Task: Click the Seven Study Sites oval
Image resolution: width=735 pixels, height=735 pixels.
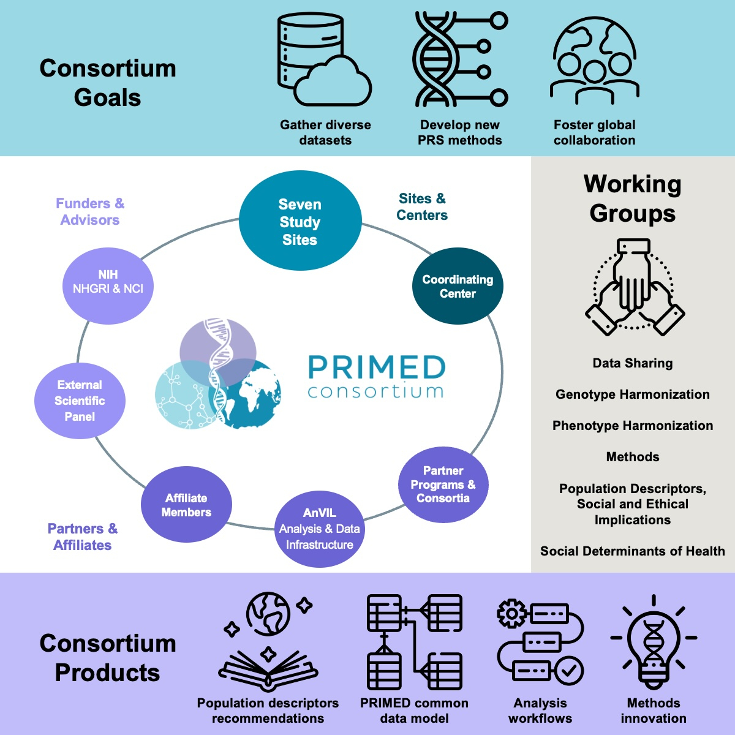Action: click(300, 221)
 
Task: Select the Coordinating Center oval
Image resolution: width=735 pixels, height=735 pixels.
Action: click(458, 286)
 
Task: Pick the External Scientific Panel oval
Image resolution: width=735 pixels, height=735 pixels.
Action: click(80, 401)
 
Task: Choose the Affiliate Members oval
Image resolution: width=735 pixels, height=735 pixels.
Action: click(186, 505)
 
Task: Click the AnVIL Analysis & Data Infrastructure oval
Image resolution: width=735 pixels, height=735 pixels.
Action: click(319, 529)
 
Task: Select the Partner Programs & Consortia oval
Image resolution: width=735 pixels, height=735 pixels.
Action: click(443, 484)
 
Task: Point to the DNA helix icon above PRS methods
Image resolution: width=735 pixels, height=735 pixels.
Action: click(460, 59)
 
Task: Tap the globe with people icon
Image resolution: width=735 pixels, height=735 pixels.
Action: click(595, 59)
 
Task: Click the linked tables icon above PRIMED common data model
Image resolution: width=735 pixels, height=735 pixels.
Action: click(414, 642)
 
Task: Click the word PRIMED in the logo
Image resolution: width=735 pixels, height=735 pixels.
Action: click(377, 367)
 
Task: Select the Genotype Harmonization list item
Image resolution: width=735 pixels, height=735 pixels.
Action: click(633, 394)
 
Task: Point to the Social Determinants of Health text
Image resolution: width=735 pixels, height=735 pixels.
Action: click(633, 551)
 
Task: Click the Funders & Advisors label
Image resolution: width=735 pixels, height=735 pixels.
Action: click(90, 211)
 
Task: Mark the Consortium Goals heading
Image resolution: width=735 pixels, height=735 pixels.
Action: click(108, 83)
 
